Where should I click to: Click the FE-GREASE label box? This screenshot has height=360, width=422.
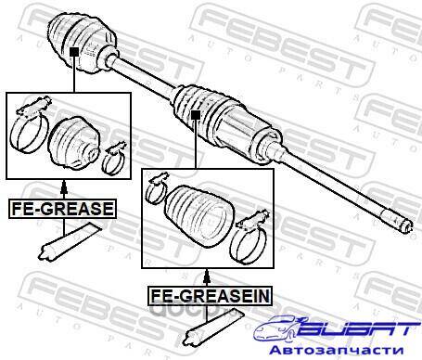click(62, 209)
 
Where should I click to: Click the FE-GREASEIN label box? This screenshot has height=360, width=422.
click(210, 296)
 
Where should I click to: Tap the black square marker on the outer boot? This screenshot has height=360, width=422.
click(74, 52)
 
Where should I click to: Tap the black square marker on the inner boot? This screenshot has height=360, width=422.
click(196, 115)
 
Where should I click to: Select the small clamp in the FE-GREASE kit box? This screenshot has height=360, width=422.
click(114, 160)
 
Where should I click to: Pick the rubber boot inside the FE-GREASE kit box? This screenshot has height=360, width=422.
click(74, 143)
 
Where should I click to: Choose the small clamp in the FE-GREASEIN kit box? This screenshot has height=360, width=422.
click(157, 188)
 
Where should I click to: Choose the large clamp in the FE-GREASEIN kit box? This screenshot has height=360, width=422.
click(249, 238)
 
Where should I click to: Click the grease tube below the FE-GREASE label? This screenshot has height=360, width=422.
click(69, 240)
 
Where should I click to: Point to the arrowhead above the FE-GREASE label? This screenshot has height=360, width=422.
click(64, 186)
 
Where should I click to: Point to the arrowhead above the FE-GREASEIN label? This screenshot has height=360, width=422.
click(207, 275)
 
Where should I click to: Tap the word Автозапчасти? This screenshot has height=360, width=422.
click(337, 350)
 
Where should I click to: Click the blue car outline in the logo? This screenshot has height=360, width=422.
click(276, 328)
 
